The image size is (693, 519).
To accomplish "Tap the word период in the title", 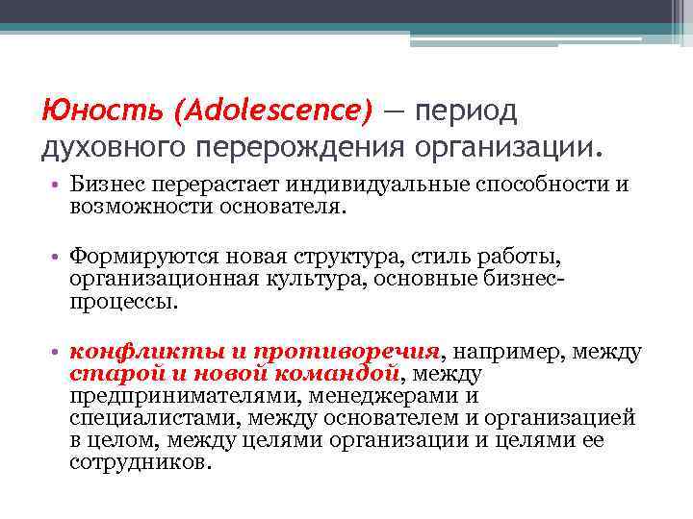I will pyautogui.click(x=465, y=111).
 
